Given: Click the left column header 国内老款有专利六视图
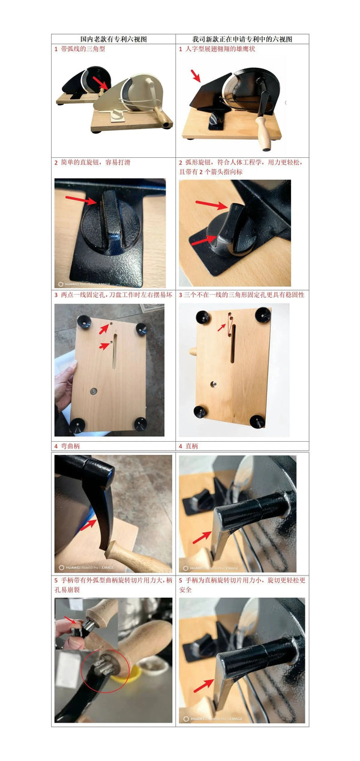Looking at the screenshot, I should (113, 39).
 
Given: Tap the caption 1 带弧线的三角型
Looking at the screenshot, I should (79, 49).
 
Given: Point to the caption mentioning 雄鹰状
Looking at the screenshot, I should (220, 49).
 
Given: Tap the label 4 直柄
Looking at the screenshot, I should (188, 446).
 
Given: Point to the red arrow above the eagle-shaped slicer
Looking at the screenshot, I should (196, 75).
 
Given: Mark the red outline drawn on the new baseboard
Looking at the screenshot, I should (229, 324).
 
